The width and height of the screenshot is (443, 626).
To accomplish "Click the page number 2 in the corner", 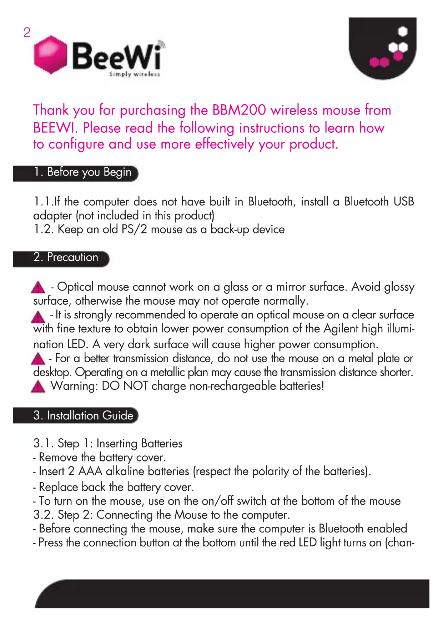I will coord(27,32).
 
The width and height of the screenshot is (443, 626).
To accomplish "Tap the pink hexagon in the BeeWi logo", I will coord(51,55).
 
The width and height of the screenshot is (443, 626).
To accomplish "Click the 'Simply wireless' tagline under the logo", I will coord(135,74).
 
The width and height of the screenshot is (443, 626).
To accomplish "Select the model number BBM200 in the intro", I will coord(239,110).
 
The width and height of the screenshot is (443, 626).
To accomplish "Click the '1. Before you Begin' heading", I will coord(82,172).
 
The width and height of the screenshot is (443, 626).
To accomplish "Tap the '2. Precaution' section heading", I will coord(66,257).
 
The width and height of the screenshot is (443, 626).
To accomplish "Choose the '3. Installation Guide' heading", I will coord(83,415).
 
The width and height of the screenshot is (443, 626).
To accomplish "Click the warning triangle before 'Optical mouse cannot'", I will coord(38,287).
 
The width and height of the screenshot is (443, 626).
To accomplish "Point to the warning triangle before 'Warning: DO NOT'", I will coord(38,387).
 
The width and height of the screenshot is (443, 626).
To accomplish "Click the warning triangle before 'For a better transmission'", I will coord(38,359).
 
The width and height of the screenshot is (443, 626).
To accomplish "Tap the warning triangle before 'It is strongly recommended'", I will coord(38,317).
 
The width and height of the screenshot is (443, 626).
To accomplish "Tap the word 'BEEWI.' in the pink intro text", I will coord(55,128).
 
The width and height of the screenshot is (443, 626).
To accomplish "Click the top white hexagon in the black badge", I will coord(403,31).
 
